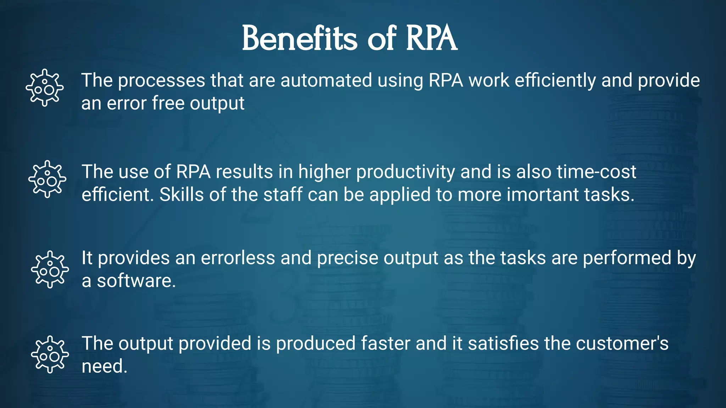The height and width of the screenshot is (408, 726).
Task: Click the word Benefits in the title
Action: pyautogui.click(x=300, y=38)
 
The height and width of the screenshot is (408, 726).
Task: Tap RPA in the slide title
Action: pyautogui.click(x=431, y=38)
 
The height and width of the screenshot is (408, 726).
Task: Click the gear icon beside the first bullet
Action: pyautogui.click(x=45, y=87)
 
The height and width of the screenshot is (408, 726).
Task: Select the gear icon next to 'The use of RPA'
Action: pyautogui.click(x=47, y=179)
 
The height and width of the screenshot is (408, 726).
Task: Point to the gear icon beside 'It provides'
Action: pyautogui.click(x=50, y=270)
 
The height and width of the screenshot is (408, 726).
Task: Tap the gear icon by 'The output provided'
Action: pyautogui.click(x=50, y=355)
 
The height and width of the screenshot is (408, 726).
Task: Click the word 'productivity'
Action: pyautogui.click(x=406, y=172)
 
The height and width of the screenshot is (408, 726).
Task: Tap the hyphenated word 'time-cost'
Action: pyautogui.click(x=596, y=172)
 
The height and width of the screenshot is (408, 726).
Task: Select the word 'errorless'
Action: pyautogui.click(x=238, y=258)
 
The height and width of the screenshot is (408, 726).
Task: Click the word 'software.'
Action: pyautogui.click(x=136, y=281)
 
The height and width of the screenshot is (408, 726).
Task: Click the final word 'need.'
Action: pyautogui.click(x=104, y=366)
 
